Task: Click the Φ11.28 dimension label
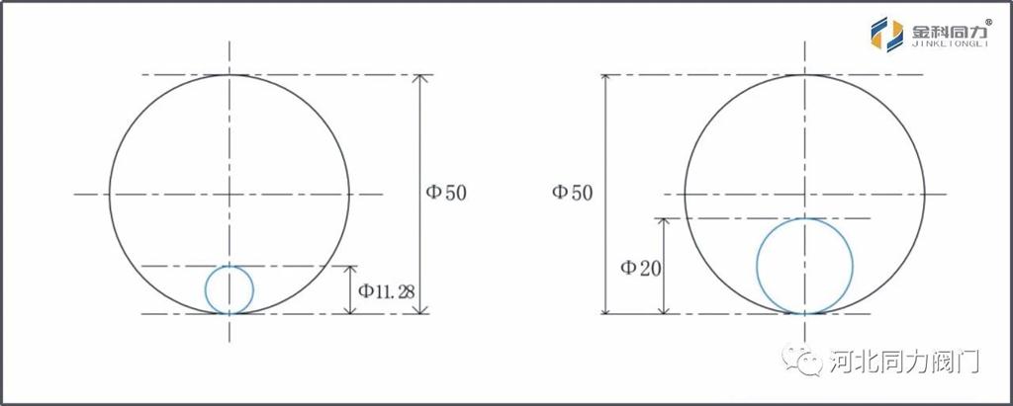387,291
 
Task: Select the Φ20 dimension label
641,268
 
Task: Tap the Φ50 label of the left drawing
446,193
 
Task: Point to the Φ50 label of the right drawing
572,193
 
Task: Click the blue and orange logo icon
887,34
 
